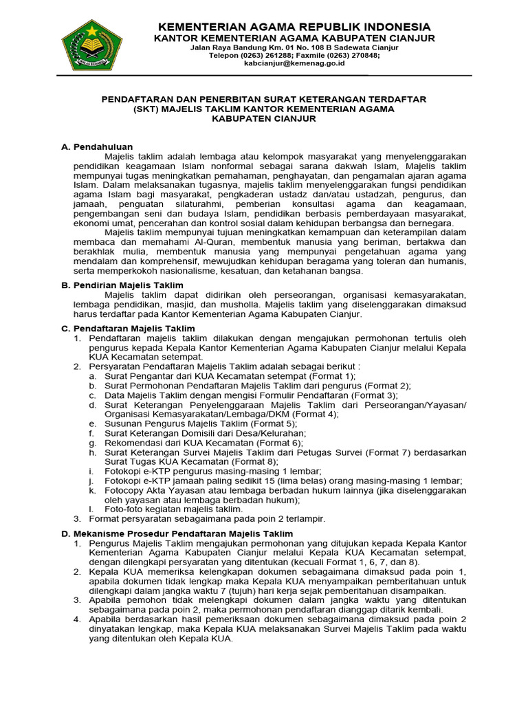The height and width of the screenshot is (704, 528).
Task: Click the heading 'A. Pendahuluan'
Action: [x=97, y=146]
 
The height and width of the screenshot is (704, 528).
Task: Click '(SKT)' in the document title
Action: [x=149, y=109]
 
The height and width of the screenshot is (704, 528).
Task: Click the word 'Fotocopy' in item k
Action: [x=124, y=491]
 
